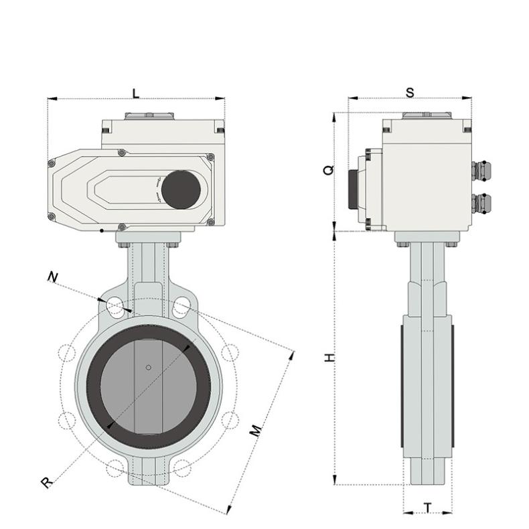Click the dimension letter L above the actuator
click(x=136, y=93)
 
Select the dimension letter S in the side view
click(x=410, y=92)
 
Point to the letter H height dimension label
click(x=328, y=358)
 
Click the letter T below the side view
click(x=427, y=508)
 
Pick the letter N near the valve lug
click(x=52, y=277)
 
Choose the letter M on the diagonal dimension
click(x=256, y=431)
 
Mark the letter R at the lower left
click(x=46, y=481)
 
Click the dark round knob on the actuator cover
click(x=180, y=189)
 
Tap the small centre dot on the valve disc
click(x=148, y=367)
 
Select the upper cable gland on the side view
click(x=481, y=171)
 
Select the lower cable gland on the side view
click(x=481, y=202)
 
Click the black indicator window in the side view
click(x=352, y=190)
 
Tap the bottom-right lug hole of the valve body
click(x=181, y=467)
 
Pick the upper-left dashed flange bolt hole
click(x=67, y=352)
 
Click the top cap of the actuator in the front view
click(x=149, y=116)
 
